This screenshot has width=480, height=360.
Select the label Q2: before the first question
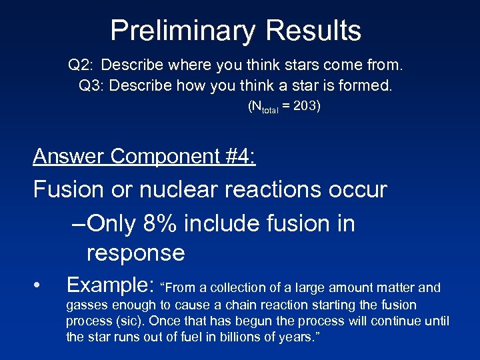[x=82, y=65]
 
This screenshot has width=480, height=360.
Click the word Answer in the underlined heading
[x=69, y=156]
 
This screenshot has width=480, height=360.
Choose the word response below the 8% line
[x=135, y=253]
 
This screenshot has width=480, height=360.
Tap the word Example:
[x=111, y=286]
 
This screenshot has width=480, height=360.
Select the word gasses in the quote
[x=87, y=305]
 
